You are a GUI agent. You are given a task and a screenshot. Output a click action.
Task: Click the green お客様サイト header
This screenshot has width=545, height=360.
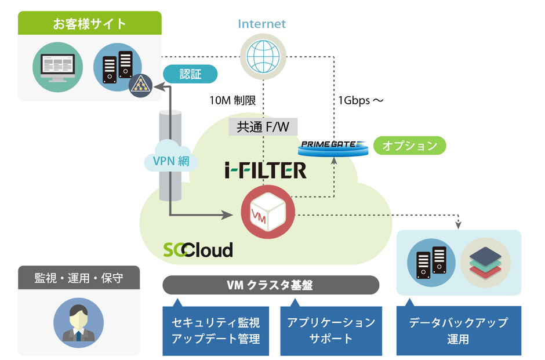(89, 24)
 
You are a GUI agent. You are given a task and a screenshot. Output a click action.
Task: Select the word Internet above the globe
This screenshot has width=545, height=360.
(262, 24)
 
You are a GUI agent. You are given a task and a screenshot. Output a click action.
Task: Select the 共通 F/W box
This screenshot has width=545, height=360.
(263, 126)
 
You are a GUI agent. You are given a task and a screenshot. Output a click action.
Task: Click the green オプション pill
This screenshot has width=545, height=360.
(410, 146)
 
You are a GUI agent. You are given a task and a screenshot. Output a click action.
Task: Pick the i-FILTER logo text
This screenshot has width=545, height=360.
(265, 169)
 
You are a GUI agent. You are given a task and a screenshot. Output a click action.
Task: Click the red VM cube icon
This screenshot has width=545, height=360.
(265, 212)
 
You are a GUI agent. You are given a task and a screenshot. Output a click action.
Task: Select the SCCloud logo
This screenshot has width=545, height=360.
(198, 249)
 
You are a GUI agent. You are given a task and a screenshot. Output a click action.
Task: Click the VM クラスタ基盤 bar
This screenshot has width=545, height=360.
(271, 285)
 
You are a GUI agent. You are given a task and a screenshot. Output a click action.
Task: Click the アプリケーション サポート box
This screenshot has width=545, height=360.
(331, 330)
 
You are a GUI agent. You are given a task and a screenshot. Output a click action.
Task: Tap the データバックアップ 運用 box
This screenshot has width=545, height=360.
(458, 330)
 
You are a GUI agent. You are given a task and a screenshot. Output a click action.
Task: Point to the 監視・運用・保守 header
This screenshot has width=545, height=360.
(79, 278)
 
